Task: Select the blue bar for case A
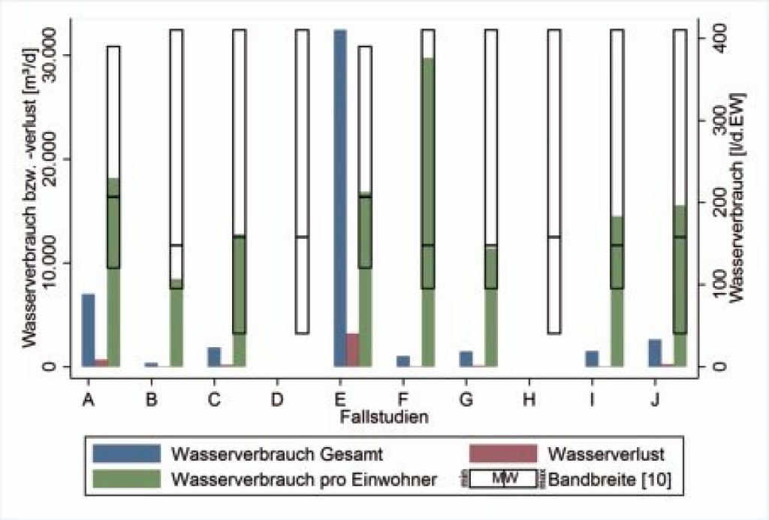point(89,330)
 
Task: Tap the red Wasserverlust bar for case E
point(352,349)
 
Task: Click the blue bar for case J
point(655,352)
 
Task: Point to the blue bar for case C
point(214,357)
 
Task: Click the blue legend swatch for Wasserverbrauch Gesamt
point(126,454)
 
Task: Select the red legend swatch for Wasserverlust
point(502,454)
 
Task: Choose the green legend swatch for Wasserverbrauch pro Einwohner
point(126,479)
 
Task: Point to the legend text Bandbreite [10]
point(606,479)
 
